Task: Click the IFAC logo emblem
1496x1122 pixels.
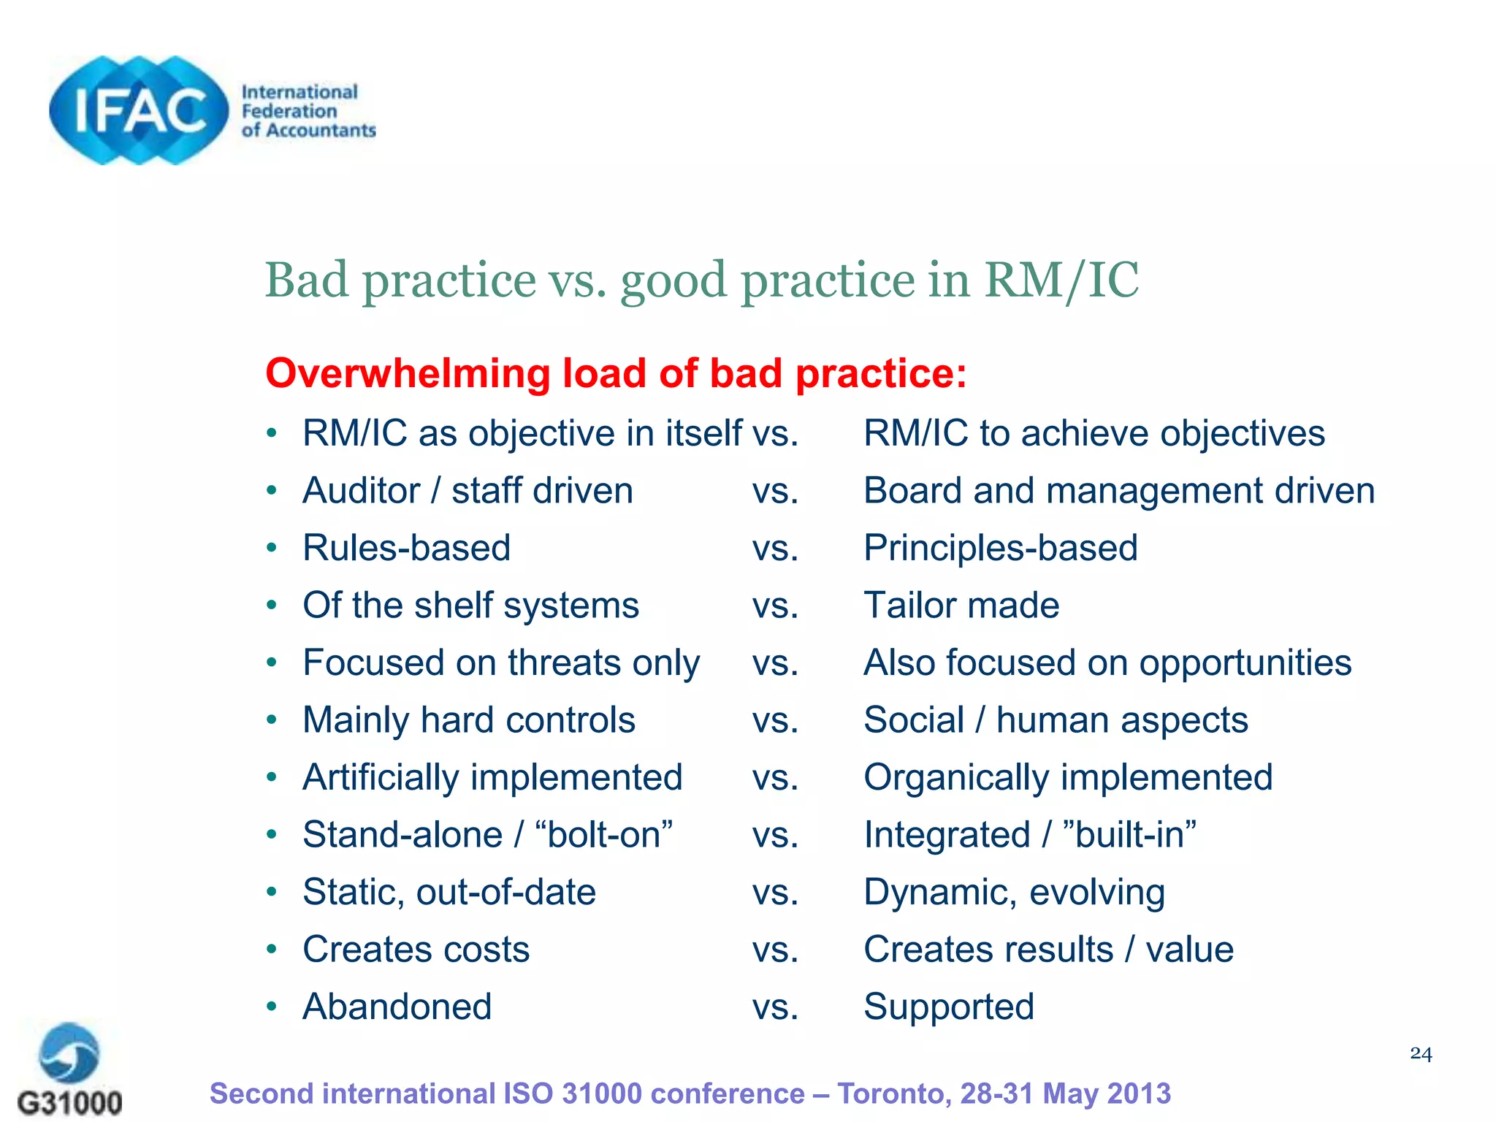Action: [x=139, y=110]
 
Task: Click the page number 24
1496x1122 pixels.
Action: [x=1421, y=1053]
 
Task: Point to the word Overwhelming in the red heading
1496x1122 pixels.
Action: [x=408, y=373]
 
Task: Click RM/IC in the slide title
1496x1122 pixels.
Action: [x=1061, y=280]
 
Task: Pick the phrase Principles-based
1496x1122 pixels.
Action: [x=1000, y=548]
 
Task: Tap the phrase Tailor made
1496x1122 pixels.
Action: [x=961, y=606]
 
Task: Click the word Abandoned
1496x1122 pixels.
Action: [x=397, y=1007]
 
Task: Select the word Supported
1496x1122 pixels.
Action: [x=948, y=1007]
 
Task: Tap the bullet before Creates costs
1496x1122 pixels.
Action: [x=272, y=949]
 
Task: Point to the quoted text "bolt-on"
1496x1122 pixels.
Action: [x=604, y=834]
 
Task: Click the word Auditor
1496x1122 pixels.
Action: [x=362, y=491]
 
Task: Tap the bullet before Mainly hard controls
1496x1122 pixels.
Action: [x=272, y=720]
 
